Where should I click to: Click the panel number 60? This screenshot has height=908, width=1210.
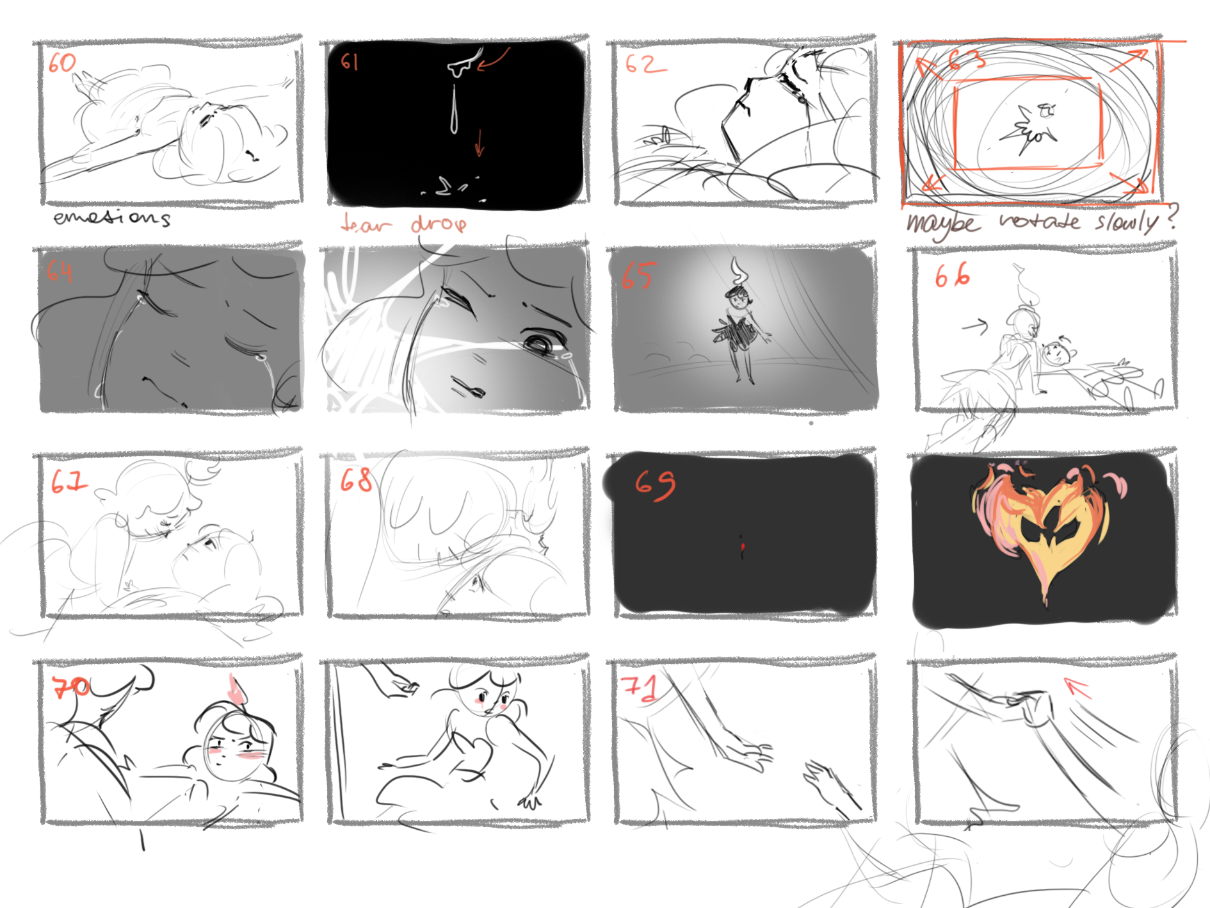62,62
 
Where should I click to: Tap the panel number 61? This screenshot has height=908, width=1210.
349,62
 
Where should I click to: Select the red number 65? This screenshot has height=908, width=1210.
637,275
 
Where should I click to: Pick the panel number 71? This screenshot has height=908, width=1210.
640,687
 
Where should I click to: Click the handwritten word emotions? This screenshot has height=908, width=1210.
111,218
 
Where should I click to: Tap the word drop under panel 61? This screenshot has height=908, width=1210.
439,224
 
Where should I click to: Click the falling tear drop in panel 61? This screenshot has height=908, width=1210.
453,110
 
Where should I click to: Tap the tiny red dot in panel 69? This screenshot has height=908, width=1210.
743,546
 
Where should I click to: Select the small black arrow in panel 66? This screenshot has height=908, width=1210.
976,327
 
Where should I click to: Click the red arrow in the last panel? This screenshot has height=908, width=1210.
1077,688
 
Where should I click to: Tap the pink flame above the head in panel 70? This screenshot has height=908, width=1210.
238,689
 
